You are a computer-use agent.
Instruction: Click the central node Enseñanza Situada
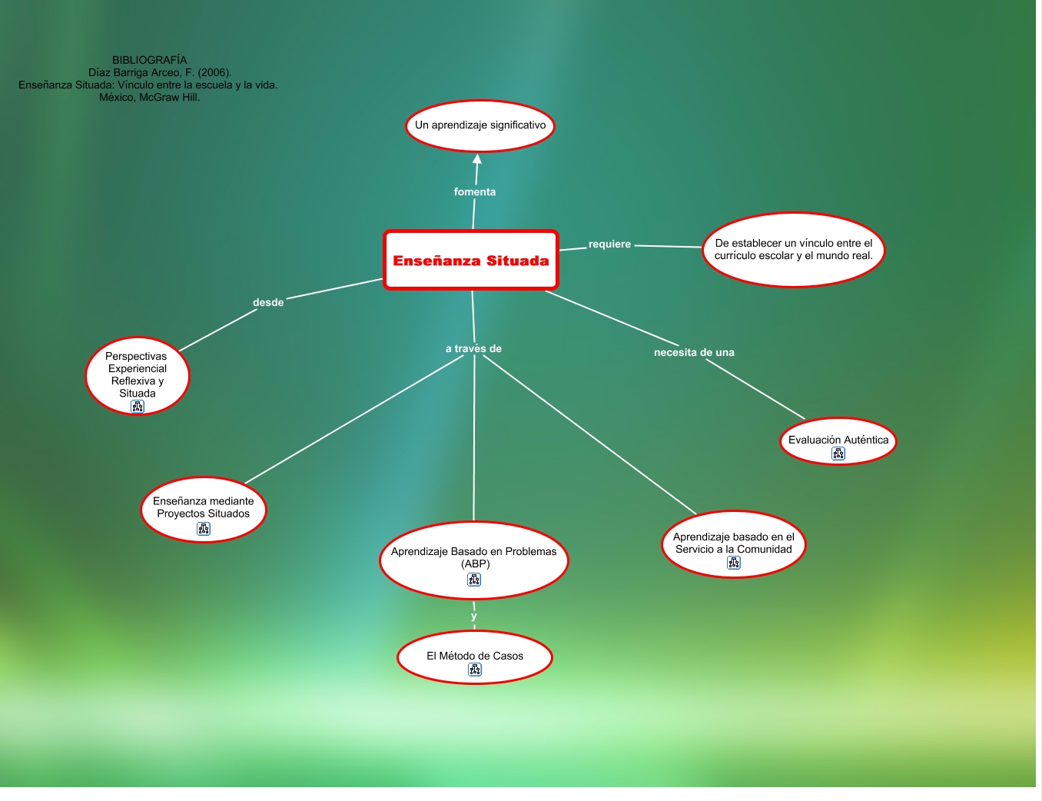(x=471, y=261)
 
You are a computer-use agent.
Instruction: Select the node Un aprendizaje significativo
(x=480, y=125)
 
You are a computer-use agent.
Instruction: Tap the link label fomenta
(x=475, y=192)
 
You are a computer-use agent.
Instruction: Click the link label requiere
(x=609, y=244)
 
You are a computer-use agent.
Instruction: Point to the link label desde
(x=268, y=303)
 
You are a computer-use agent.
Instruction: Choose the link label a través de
(x=473, y=349)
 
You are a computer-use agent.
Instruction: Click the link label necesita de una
(x=694, y=353)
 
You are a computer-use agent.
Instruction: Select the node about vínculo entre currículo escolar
(x=794, y=250)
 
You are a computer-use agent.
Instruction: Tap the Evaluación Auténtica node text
(x=838, y=440)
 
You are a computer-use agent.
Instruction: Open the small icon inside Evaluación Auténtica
(x=838, y=454)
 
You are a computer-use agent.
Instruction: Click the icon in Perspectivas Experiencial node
(x=138, y=407)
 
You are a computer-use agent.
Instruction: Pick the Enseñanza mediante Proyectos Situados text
(x=204, y=507)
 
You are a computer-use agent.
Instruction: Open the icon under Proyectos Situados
(x=204, y=529)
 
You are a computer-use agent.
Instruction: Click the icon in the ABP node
(x=474, y=580)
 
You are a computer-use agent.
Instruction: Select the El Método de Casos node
(x=475, y=656)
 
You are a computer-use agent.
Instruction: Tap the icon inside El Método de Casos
(x=475, y=670)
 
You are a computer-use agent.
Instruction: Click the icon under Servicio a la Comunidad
(x=734, y=563)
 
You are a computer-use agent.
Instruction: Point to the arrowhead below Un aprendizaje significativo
(x=477, y=159)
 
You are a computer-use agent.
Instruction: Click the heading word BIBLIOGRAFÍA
(x=150, y=60)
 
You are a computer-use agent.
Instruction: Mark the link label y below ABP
(x=474, y=616)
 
